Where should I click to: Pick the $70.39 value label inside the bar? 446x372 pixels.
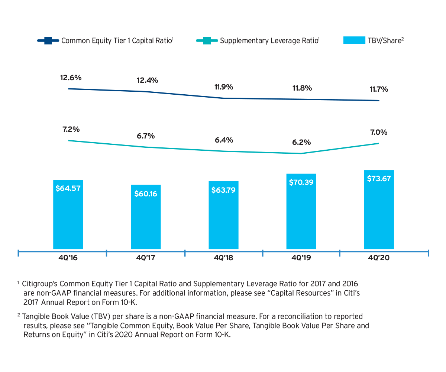(x=301, y=182)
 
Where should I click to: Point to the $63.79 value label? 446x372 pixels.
(x=223, y=190)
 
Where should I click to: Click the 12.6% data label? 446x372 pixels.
(x=71, y=78)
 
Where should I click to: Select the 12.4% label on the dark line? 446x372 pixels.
(x=147, y=80)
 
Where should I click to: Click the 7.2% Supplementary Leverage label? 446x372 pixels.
(x=71, y=130)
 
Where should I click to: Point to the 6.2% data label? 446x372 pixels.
(x=301, y=142)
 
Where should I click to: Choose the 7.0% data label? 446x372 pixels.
(x=378, y=132)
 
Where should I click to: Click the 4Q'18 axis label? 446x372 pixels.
(x=223, y=258)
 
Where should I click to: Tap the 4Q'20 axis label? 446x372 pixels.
(x=379, y=258)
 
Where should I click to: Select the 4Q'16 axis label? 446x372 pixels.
(x=68, y=258)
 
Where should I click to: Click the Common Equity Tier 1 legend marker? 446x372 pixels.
(x=48, y=40)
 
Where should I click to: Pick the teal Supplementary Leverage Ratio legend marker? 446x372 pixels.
(x=207, y=40)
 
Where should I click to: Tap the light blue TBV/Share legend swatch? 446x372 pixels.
(x=354, y=40)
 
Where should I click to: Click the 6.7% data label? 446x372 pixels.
(x=146, y=136)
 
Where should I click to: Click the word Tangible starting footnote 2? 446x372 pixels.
(x=36, y=317)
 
